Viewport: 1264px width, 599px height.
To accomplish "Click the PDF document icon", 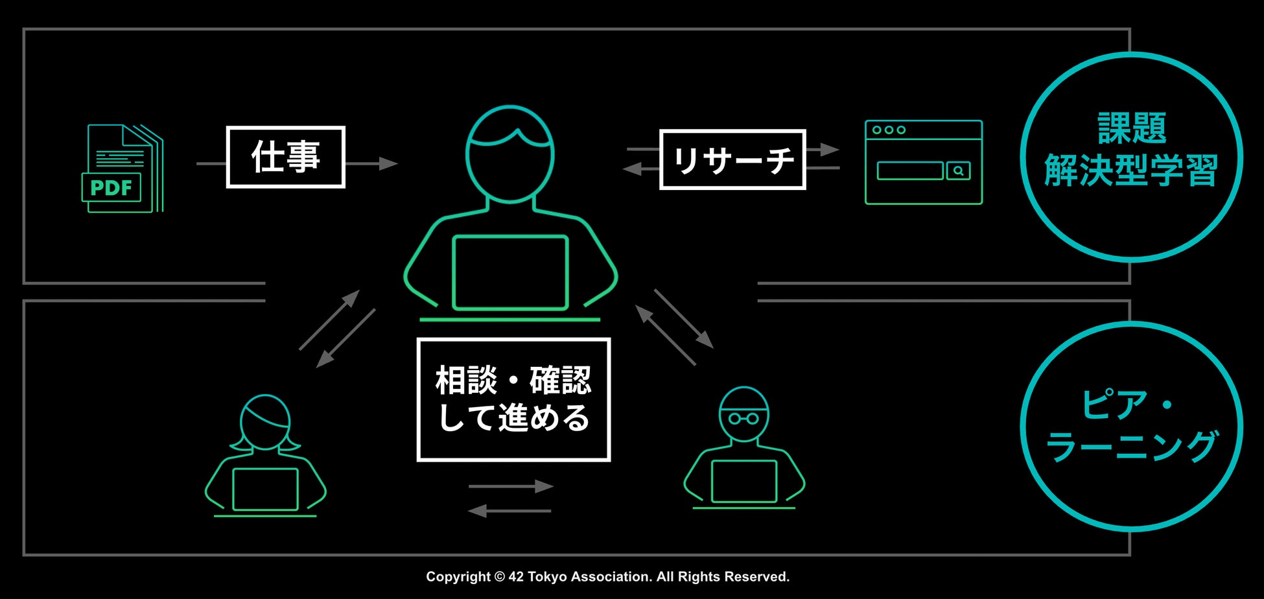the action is pyautogui.click(x=123, y=168).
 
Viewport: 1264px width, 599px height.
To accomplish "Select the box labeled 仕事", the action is pyautogui.click(x=285, y=157).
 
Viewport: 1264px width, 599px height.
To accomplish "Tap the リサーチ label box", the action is pyautogui.click(x=732, y=159).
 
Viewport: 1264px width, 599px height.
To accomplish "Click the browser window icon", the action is pyautogui.click(x=923, y=162).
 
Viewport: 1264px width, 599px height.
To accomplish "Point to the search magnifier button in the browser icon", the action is pyautogui.click(x=958, y=170).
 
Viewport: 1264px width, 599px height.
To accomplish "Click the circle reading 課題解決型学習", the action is pyautogui.click(x=1130, y=157).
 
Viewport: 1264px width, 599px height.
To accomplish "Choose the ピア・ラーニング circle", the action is pyautogui.click(x=1130, y=426).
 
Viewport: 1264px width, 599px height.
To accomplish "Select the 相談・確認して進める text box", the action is pyautogui.click(x=513, y=399).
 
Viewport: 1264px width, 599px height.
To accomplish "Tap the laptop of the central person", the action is pyautogui.click(x=510, y=272).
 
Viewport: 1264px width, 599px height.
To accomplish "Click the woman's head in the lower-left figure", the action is pyautogui.click(x=265, y=422).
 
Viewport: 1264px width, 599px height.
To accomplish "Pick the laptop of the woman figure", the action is pyautogui.click(x=265, y=489).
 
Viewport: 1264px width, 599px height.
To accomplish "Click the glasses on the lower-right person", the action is pyautogui.click(x=743, y=418).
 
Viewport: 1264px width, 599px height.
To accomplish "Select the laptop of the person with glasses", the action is pyautogui.click(x=743, y=481).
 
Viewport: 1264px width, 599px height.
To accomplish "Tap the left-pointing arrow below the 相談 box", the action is pyautogui.click(x=509, y=511).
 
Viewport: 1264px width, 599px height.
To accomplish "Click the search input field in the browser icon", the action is pyautogui.click(x=909, y=170).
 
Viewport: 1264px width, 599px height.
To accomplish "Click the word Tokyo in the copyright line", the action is pyautogui.click(x=546, y=576).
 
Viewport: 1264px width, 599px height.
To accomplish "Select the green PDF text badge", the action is pyautogui.click(x=111, y=188).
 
